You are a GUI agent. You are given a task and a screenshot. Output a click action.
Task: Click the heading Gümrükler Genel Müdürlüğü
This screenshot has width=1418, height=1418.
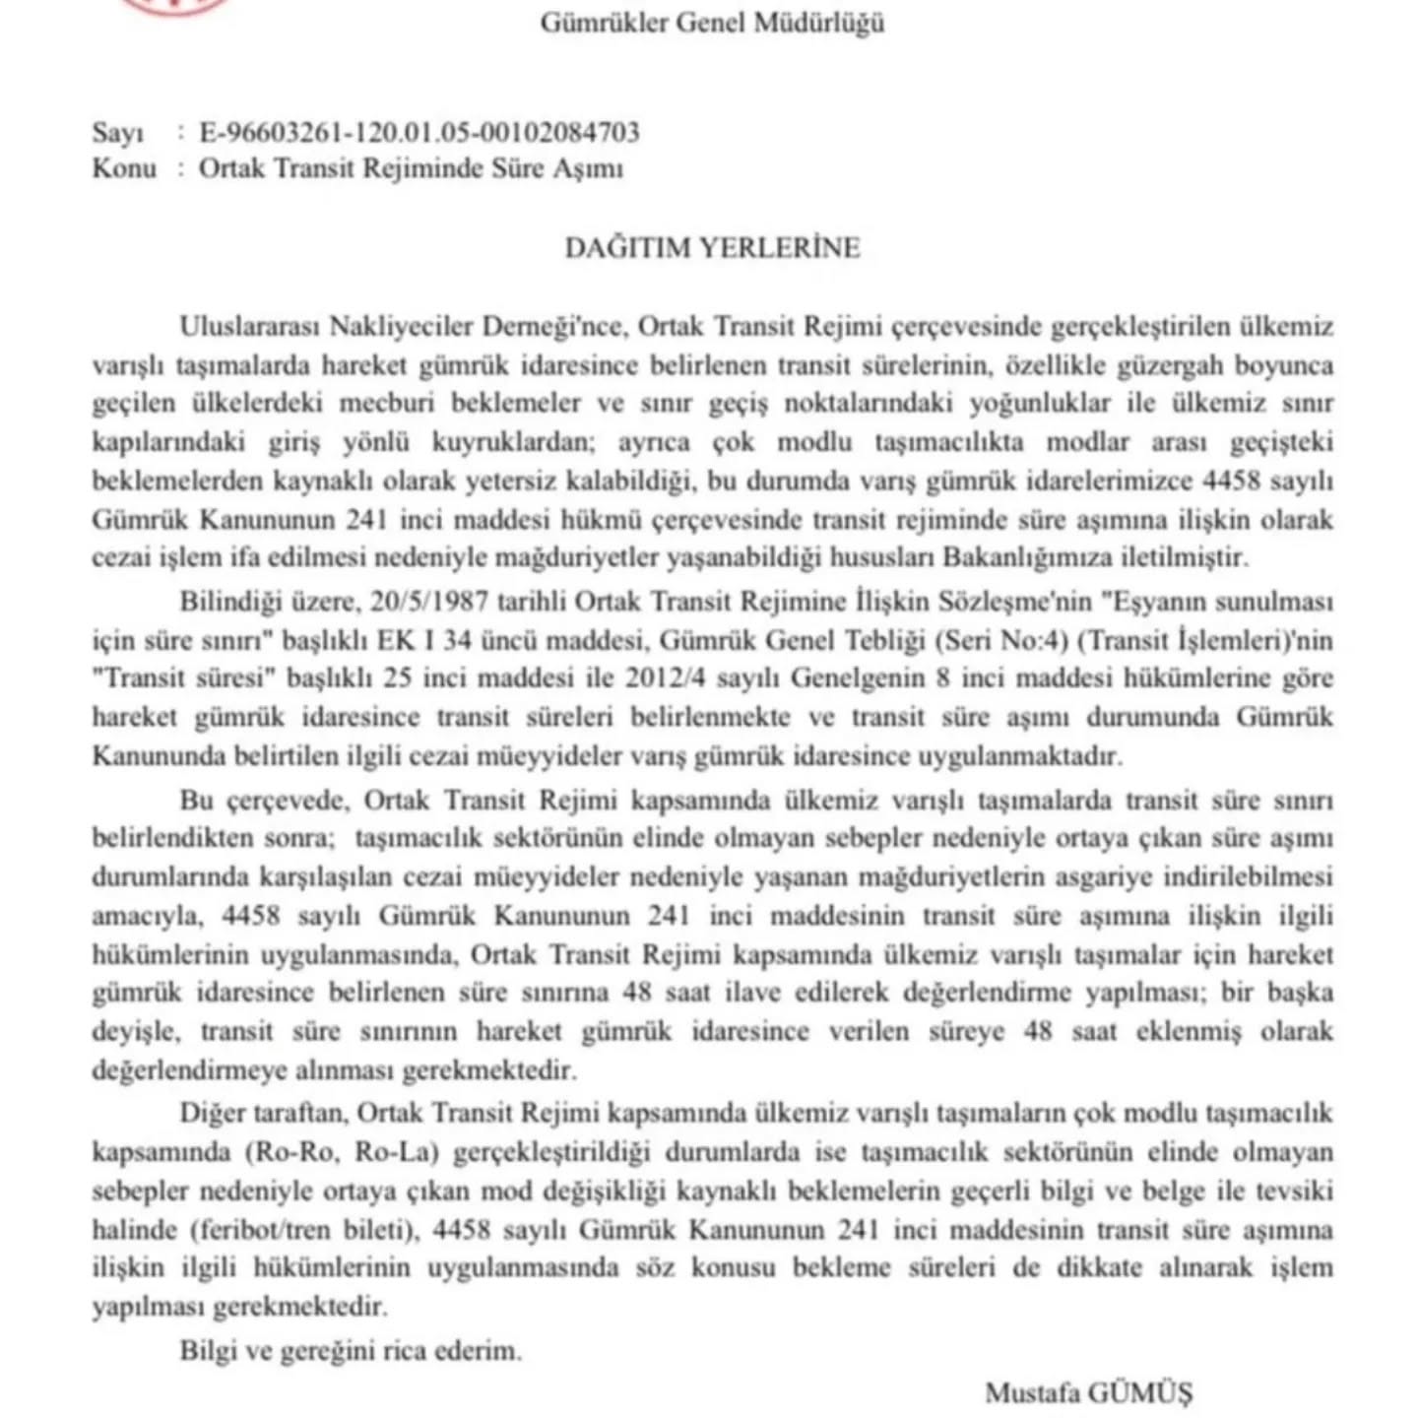tap(711, 22)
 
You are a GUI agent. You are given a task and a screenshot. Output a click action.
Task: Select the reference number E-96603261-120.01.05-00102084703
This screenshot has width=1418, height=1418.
tap(419, 132)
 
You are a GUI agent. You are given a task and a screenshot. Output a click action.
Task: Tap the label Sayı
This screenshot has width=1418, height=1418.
tap(117, 132)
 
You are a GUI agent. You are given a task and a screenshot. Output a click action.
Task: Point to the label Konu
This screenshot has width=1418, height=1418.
tap(124, 168)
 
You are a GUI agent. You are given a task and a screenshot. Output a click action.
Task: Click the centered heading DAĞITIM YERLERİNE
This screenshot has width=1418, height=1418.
tap(712, 247)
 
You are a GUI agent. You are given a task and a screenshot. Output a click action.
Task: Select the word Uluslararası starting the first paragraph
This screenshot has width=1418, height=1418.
tap(248, 326)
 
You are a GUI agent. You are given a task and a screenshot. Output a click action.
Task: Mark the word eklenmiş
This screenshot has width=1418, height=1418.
tap(1171, 1031)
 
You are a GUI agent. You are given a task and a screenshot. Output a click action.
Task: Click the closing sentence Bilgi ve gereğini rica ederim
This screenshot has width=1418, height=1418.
tap(351, 1350)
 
